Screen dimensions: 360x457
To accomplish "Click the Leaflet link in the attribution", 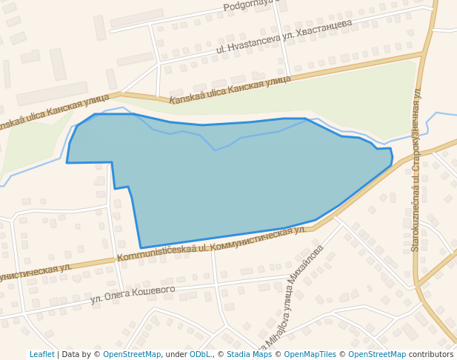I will [x=41, y=355].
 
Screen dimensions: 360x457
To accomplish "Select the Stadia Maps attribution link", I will [x=249, y=355].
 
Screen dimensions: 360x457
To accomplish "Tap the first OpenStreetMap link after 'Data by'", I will [x=132, y=355].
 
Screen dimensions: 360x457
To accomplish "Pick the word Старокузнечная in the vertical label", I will [x=416, y=134].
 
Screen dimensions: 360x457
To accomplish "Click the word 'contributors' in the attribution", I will [x=431, y=355].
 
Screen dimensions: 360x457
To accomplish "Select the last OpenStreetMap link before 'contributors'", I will [x=377, y=355].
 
